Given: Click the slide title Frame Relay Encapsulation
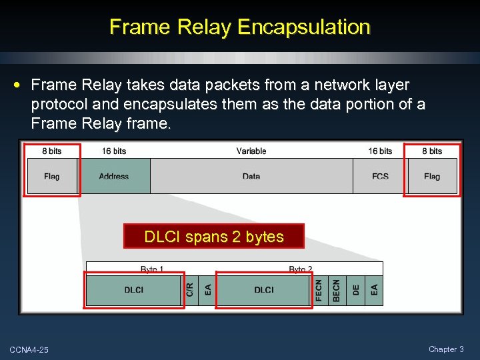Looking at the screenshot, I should click(239, 27).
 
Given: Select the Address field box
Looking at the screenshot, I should click(114, 176).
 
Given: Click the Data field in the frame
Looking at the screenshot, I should click(251, 176).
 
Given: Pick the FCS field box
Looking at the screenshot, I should click(380, 176).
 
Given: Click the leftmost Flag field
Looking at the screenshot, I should click(52, 176).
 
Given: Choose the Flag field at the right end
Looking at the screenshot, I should click(432, 176).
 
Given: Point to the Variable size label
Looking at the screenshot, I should click(251, 151).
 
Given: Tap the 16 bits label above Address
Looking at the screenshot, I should click(114, 151).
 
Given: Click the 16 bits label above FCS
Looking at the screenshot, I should click(380, 151).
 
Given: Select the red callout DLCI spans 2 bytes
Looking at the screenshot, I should click(213, 236).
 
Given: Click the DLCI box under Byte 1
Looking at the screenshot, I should click(134, 290).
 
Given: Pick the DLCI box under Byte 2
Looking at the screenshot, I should click(264, 290).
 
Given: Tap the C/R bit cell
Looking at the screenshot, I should click(190, 290).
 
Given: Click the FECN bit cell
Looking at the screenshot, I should click(319, 290).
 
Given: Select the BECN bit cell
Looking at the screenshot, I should click(337, 290).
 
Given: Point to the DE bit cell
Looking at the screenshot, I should click(356, 290).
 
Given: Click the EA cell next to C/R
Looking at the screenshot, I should click(208, 290).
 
